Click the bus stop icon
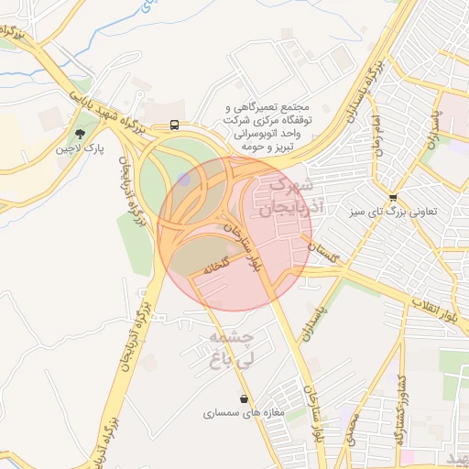pyautogui.click(x=174, y=125)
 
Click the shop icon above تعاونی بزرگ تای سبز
pyautogui.click(x=393, y=197)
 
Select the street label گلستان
pyautogui.click(x=322, y=250)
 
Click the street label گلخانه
pyautogui.click(x=212, y=268)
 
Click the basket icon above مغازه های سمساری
pyautogui.click(x=243, y=399)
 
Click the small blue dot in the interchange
pyautogui.click(x=186, y=180)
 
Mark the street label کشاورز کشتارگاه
pyautogui.click(x=400, y=409)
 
